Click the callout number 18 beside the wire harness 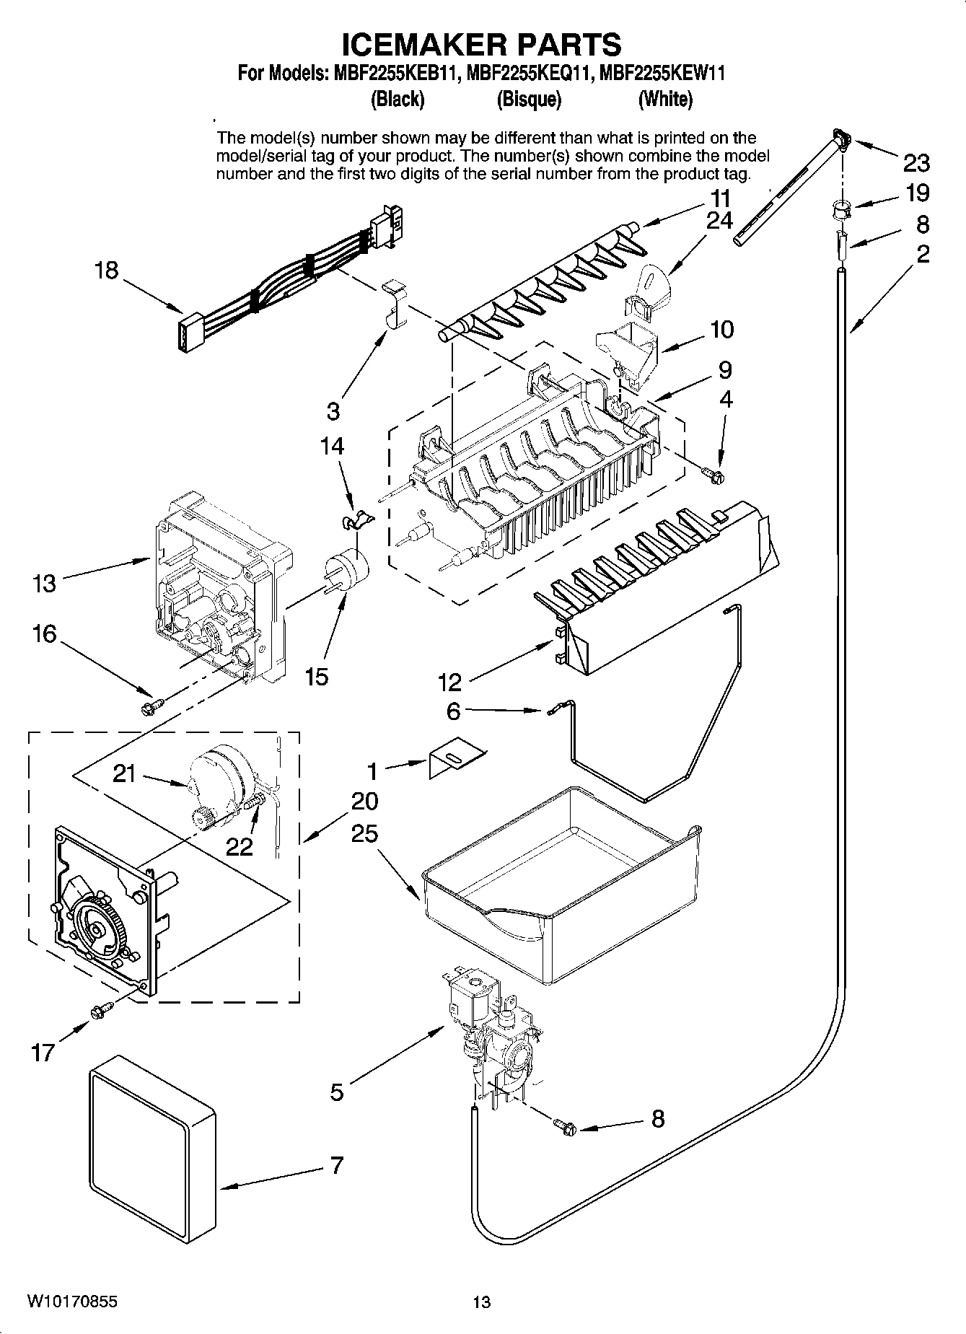coord(106,271)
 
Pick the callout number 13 coord(44,583)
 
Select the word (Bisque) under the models coord(528,100)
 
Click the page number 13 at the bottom coord(481,1302)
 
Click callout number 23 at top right coord(916,164)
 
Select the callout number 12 coord(449,680)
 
